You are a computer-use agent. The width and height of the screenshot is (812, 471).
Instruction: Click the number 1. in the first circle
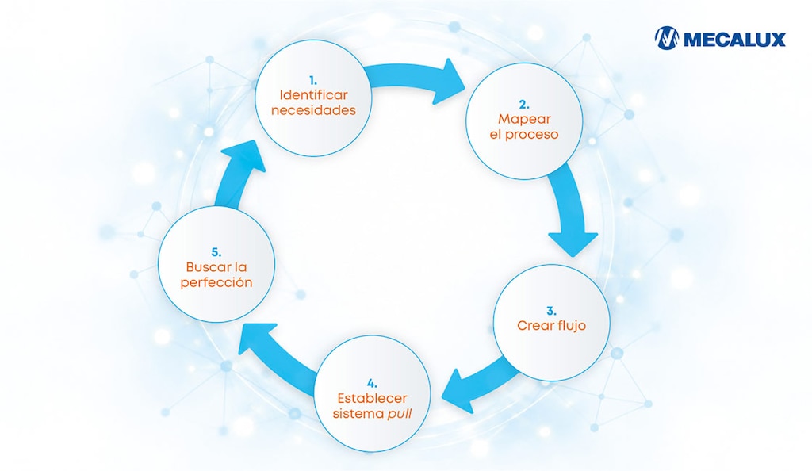point(312,81)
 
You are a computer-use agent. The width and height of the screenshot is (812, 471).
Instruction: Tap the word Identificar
point(313,95)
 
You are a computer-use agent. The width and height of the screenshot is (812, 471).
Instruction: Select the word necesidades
point(313,110)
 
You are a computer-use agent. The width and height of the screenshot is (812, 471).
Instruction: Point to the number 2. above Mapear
point(524,105)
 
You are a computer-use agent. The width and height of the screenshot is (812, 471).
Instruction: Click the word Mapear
point(524,119)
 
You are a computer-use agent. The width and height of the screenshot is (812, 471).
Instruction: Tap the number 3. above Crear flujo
point(551,311)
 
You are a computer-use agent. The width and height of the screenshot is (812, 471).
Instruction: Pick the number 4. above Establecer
point(372,384)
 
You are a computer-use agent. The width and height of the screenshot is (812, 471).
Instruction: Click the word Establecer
point(372,399)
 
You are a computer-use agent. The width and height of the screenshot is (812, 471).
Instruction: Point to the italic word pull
point(400,414)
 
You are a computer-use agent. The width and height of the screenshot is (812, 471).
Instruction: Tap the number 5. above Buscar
point(216,253)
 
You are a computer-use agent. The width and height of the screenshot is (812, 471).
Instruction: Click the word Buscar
point(209,267)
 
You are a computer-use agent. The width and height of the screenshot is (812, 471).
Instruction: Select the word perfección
point(216,282)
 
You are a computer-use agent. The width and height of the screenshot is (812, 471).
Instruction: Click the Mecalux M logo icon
point(666,38)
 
